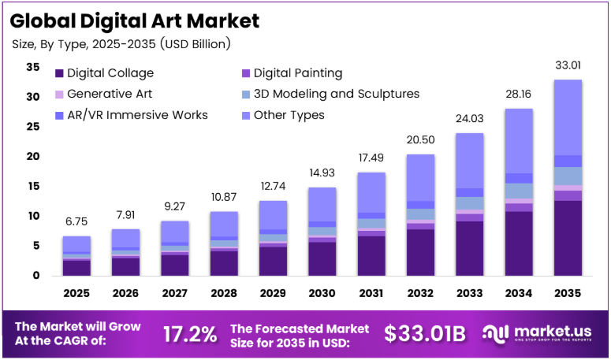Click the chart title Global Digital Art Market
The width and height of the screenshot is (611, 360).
point(135,20)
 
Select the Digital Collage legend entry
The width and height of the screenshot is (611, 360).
point(104,73)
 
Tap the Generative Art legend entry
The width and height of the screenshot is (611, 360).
point(103,94)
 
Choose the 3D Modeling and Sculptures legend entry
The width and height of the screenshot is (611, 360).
point(330,94)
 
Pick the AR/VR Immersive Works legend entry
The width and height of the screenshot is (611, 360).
point(132,115)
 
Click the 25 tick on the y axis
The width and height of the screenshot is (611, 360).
point(33,127)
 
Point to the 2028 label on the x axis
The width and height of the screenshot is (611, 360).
point(224,293)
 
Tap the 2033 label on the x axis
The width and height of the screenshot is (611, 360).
point(470,293)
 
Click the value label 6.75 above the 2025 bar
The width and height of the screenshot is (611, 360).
point(76,221)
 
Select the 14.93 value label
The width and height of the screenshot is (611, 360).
point(322,173)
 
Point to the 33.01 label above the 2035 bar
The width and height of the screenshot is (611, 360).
point(568,65)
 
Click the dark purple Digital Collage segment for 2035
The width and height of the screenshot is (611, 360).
point(568,238)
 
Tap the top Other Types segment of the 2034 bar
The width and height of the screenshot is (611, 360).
point(519,141)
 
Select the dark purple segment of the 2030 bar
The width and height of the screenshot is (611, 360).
point(322,259)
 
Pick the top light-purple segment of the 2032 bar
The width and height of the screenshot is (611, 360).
point(420,178)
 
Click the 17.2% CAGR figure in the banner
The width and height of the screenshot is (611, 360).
point(190,334)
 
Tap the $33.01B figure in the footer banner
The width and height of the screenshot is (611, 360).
point(425,334)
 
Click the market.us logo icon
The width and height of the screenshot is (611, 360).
point(495,334)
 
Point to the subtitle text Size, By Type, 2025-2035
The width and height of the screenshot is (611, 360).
point(84,44)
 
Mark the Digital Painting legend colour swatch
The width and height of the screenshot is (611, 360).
point(246,73)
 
